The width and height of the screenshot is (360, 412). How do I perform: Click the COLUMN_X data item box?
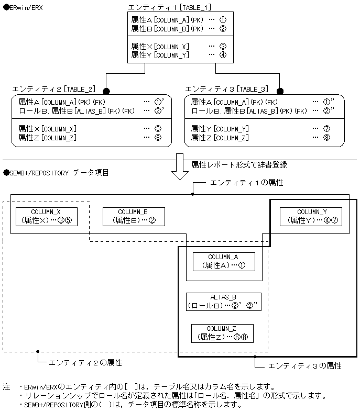click(x=47, y=217)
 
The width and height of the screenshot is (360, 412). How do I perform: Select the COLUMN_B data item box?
click(x=134, y=217)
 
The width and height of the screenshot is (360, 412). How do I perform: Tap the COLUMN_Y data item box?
click(x=311, y=217)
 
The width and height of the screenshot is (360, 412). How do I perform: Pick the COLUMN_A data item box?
click(x=223, y=261)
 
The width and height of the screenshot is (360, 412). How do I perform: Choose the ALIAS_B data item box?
click(x=223, y=302)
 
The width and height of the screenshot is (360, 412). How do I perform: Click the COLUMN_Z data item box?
click(x=222, y=333)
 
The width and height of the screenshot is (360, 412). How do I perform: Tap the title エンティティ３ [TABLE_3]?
click(x=227, y=89)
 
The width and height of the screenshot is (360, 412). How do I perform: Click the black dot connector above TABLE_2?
click(x=106, y=91)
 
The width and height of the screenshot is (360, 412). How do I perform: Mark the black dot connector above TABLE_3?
click(x=280, y=91)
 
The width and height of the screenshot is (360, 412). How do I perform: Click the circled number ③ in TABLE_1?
click(x=222, y=46)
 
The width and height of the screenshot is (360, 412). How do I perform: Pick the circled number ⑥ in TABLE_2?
click(x=158, y=138)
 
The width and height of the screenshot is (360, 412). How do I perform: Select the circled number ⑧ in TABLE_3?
click(x=326, y=138)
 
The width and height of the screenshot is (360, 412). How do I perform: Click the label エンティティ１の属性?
click(x=246, y=183)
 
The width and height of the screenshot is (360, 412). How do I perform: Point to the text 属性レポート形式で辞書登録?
click(x=239, y=164)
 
